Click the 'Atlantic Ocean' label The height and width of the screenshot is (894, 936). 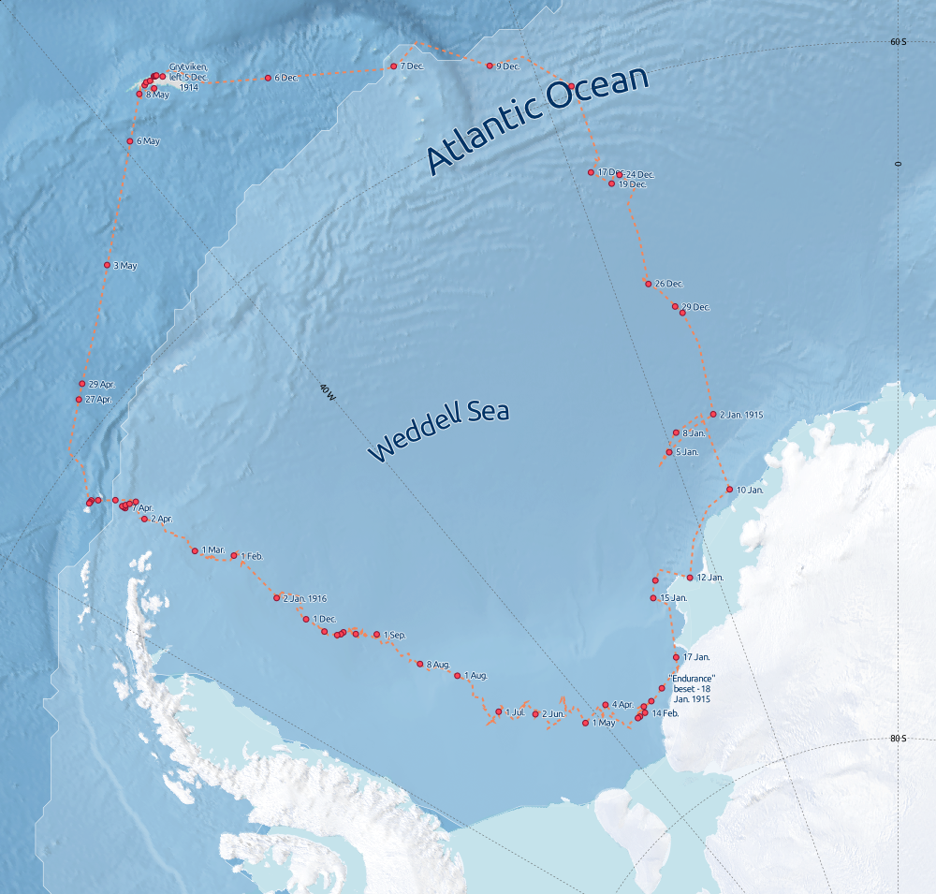tap(537, 121)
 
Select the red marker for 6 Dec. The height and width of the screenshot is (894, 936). tap(268, 78)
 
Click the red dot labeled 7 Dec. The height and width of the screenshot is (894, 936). tap(393, 66)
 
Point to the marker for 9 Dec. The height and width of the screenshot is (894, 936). tap(490, 66)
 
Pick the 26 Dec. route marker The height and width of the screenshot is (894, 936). tap(648, 284)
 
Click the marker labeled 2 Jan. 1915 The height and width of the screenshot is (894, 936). tap(712, 414)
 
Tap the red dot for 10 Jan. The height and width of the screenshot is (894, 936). tap(729, 490)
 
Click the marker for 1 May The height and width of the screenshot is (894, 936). tap(585, 723)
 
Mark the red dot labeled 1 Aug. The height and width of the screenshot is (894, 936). tap(457, 676)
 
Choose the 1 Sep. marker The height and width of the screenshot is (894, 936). tap(376, 635)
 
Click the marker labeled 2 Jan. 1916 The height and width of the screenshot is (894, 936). tap(276, 598)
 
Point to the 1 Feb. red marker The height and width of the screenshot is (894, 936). tap(234, 555)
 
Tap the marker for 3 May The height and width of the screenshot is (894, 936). tap(107, 265)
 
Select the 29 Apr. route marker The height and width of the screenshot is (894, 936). tap(82, 384)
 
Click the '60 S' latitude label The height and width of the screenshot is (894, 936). tap(897, 42)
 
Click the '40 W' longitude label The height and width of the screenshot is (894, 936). tap(326, 391)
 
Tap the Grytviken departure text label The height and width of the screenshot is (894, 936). tap(188, 76)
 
